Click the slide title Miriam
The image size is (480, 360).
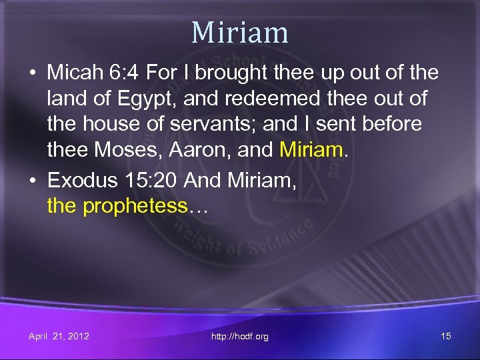click(240, 32)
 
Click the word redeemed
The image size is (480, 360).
click(261, 99)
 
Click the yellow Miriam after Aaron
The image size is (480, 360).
click(311, 150)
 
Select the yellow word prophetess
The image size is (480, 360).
click(135, 206)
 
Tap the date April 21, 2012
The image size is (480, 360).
click(59, 336)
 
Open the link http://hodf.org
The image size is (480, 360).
click(240, 337)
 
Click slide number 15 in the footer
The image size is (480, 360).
click(446, 336)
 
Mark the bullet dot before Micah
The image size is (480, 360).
click(33, 73)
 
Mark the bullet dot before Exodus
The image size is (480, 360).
click(33, 181)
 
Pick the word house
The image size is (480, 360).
click(106, 124)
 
